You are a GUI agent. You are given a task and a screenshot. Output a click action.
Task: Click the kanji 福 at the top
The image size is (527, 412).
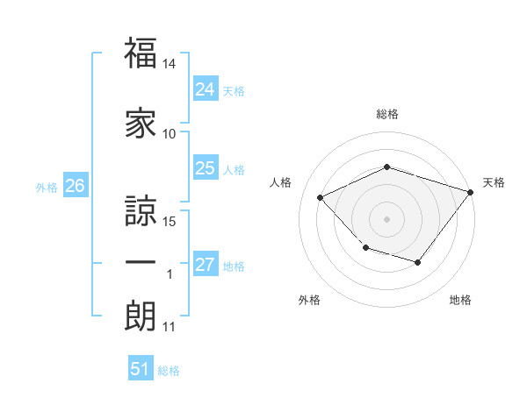pos(141,53)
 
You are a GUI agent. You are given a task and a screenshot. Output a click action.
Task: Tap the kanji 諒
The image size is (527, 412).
pos(141,208)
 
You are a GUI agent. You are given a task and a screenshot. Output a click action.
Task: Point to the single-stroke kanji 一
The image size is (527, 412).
pos(141,264)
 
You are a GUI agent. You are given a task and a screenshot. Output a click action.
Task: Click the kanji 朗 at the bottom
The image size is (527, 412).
pos(141,316)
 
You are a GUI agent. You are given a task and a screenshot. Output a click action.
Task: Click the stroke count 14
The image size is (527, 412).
pos(170,65)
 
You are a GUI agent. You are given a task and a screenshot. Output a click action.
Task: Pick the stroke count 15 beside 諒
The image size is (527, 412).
pos(170,221)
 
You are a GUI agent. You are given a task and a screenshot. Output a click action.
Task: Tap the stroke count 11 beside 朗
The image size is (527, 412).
pos(170,328)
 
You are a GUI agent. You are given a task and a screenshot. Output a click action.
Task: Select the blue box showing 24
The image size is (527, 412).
pos(205,89)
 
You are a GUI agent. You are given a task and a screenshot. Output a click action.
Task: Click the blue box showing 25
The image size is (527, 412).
pos(205,168)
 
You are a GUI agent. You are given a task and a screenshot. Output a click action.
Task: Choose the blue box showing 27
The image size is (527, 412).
pos(205,265)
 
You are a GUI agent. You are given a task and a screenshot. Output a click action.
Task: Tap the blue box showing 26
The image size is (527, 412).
pos(75,186)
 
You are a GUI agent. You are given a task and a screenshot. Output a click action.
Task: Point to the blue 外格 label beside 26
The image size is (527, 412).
pos(47,187)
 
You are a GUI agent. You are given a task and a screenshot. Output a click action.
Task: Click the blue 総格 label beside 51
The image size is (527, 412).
pos(170,371)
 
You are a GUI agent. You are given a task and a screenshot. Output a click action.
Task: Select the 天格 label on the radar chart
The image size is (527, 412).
pos(495,182)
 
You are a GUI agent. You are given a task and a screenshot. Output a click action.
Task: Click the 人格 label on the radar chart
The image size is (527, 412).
pos(280,182)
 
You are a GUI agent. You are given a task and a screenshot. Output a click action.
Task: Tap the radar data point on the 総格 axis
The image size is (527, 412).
pos(386,167)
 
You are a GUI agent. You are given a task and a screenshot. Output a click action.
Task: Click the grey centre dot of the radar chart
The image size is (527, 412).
pos(386,218)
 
